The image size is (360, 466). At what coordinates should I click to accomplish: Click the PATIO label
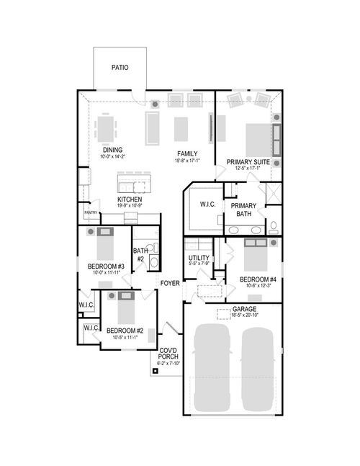click(120, 68)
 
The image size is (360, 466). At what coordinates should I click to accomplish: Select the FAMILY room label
click(188, 154)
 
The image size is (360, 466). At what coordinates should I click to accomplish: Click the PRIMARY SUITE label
click(248, 163)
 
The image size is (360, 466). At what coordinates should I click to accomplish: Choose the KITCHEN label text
click(130, 200)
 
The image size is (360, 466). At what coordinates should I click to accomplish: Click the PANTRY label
click(91, 213)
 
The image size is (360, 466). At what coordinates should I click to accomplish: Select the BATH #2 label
click(140, 254)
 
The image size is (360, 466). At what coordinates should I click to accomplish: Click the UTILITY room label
click(198, 258)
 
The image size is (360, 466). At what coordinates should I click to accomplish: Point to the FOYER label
click(170, 283)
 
